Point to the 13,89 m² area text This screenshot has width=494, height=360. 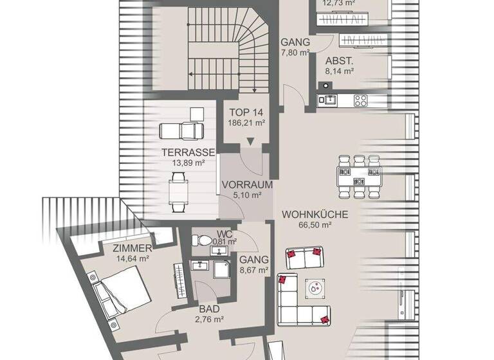click(187, 163)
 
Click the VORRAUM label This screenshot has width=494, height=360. click(247, 184)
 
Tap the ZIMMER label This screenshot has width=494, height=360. click(132, 248)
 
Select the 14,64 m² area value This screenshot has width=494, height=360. click(133, 258)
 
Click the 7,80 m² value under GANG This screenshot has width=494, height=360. click(295, 53)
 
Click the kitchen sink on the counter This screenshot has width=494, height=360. click(330, 100)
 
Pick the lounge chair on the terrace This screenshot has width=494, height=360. click(181, 130)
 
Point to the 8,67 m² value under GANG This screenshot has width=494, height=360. click(253, 271)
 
